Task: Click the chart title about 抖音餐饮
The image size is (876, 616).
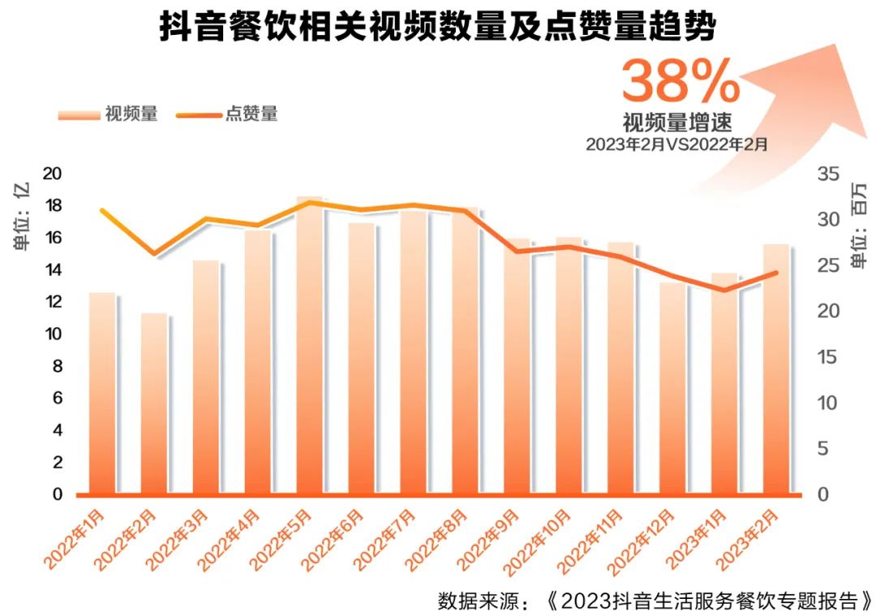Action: coord(437,27)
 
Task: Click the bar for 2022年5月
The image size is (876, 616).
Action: coord(309,349)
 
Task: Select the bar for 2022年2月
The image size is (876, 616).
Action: coord(154,406)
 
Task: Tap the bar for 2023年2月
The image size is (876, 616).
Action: coord(775,373)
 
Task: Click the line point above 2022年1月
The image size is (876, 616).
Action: coord(102,211)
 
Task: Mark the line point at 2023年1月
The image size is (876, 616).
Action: coord(724,291)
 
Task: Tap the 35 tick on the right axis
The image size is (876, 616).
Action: coord(827,174)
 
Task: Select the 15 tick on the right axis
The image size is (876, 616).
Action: coord(827,357)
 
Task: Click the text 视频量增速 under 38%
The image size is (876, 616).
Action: coord(677,123)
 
